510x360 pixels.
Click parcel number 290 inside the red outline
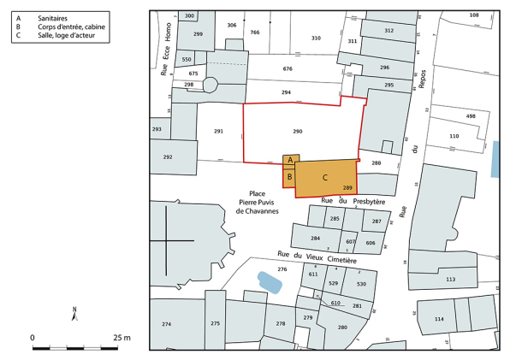297,132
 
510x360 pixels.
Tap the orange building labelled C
326,177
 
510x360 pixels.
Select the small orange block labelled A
290,160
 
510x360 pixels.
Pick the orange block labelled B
290,177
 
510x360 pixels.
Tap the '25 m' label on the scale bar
121,338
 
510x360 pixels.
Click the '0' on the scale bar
33,338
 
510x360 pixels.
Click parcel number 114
439,319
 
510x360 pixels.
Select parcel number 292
168,157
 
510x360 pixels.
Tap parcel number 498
470,116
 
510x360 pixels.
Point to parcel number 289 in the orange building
347,188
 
